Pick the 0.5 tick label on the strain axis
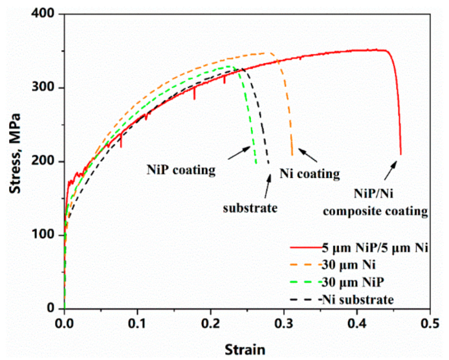click(430, 324)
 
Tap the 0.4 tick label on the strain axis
click(357, 324)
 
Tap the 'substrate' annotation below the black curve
click(250, 208)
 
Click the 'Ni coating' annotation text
click(310, 174)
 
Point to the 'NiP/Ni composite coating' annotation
click(389, 202)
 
